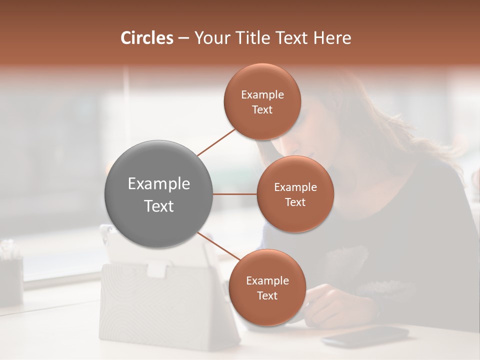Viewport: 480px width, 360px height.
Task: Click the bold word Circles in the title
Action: click(147, 38)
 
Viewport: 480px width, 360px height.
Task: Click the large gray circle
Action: click(158, 194)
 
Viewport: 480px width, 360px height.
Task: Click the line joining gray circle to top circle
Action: click(216, 142)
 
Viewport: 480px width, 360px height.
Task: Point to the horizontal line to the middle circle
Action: click(234, 194)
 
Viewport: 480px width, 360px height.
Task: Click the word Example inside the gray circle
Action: click(158, 184)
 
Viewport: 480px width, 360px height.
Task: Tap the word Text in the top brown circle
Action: click(262, 110)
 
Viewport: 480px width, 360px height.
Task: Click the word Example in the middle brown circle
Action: click(295, 187)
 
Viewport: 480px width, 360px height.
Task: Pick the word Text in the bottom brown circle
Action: click(267, 296)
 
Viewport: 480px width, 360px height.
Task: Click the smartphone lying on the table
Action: click(365, 336)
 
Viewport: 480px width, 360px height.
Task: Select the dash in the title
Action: click(183, 38)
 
